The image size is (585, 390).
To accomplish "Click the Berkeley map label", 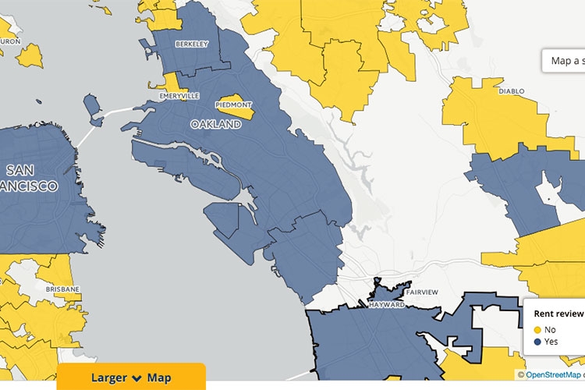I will pyautogui.click(x=192, y=44).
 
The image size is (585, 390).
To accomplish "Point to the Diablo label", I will pyautogui.click(x=512, y=91).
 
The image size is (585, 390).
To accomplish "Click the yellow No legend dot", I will pyautogui.click(x=538, y=330).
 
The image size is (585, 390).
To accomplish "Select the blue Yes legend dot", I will pyautogui.click(x=538, y=342).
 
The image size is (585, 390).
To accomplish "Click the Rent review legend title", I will pyautogui.click(x=558, y=314).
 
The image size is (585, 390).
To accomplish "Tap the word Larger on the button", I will pyautogui.click(x=109, y=378).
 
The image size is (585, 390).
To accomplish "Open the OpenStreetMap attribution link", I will pyautogui.click(x=554, y=375).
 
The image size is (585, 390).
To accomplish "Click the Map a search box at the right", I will pyautogui.click(x=565, y=61).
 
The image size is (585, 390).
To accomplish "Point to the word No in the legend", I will pyautogui.click(x=551, y=330).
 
